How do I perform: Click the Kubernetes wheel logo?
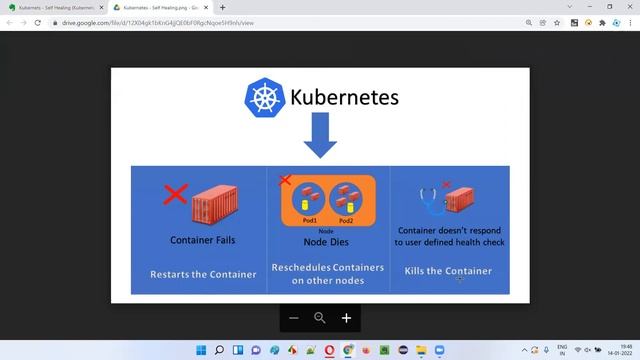coord(264,97)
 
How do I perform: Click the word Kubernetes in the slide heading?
coord(344,98)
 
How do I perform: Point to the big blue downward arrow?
coord(320,136)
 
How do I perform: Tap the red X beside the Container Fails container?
coord(175,193)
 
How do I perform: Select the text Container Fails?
coord(204,240)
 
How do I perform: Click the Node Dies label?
coord(325,241)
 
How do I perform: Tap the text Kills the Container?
coord(447,271)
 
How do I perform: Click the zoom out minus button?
coord(294,318)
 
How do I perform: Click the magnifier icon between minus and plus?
coord(320,318)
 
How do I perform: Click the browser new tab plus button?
coord(222,7)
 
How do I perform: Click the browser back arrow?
coord(10,22)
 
